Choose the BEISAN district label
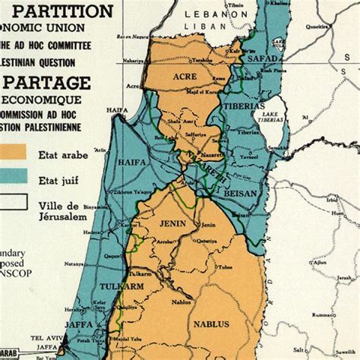pyautogui.click(x=238, y=195)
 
